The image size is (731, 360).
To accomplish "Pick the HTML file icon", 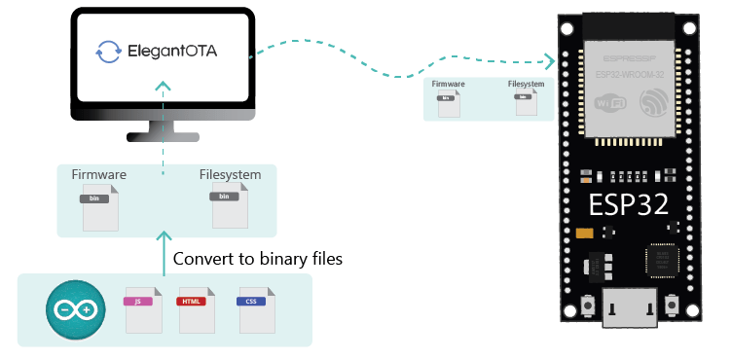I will coord(192,310).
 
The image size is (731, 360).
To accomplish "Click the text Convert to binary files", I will coord(257,261).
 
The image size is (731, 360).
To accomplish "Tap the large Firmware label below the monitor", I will coord(99,175).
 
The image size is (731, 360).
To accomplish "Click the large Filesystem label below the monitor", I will coord(230,175).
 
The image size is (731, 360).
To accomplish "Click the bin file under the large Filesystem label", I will coord(227,204).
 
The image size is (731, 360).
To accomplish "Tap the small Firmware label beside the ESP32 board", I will coord(449,86).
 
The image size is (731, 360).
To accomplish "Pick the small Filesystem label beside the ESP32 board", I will coord(526,85).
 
